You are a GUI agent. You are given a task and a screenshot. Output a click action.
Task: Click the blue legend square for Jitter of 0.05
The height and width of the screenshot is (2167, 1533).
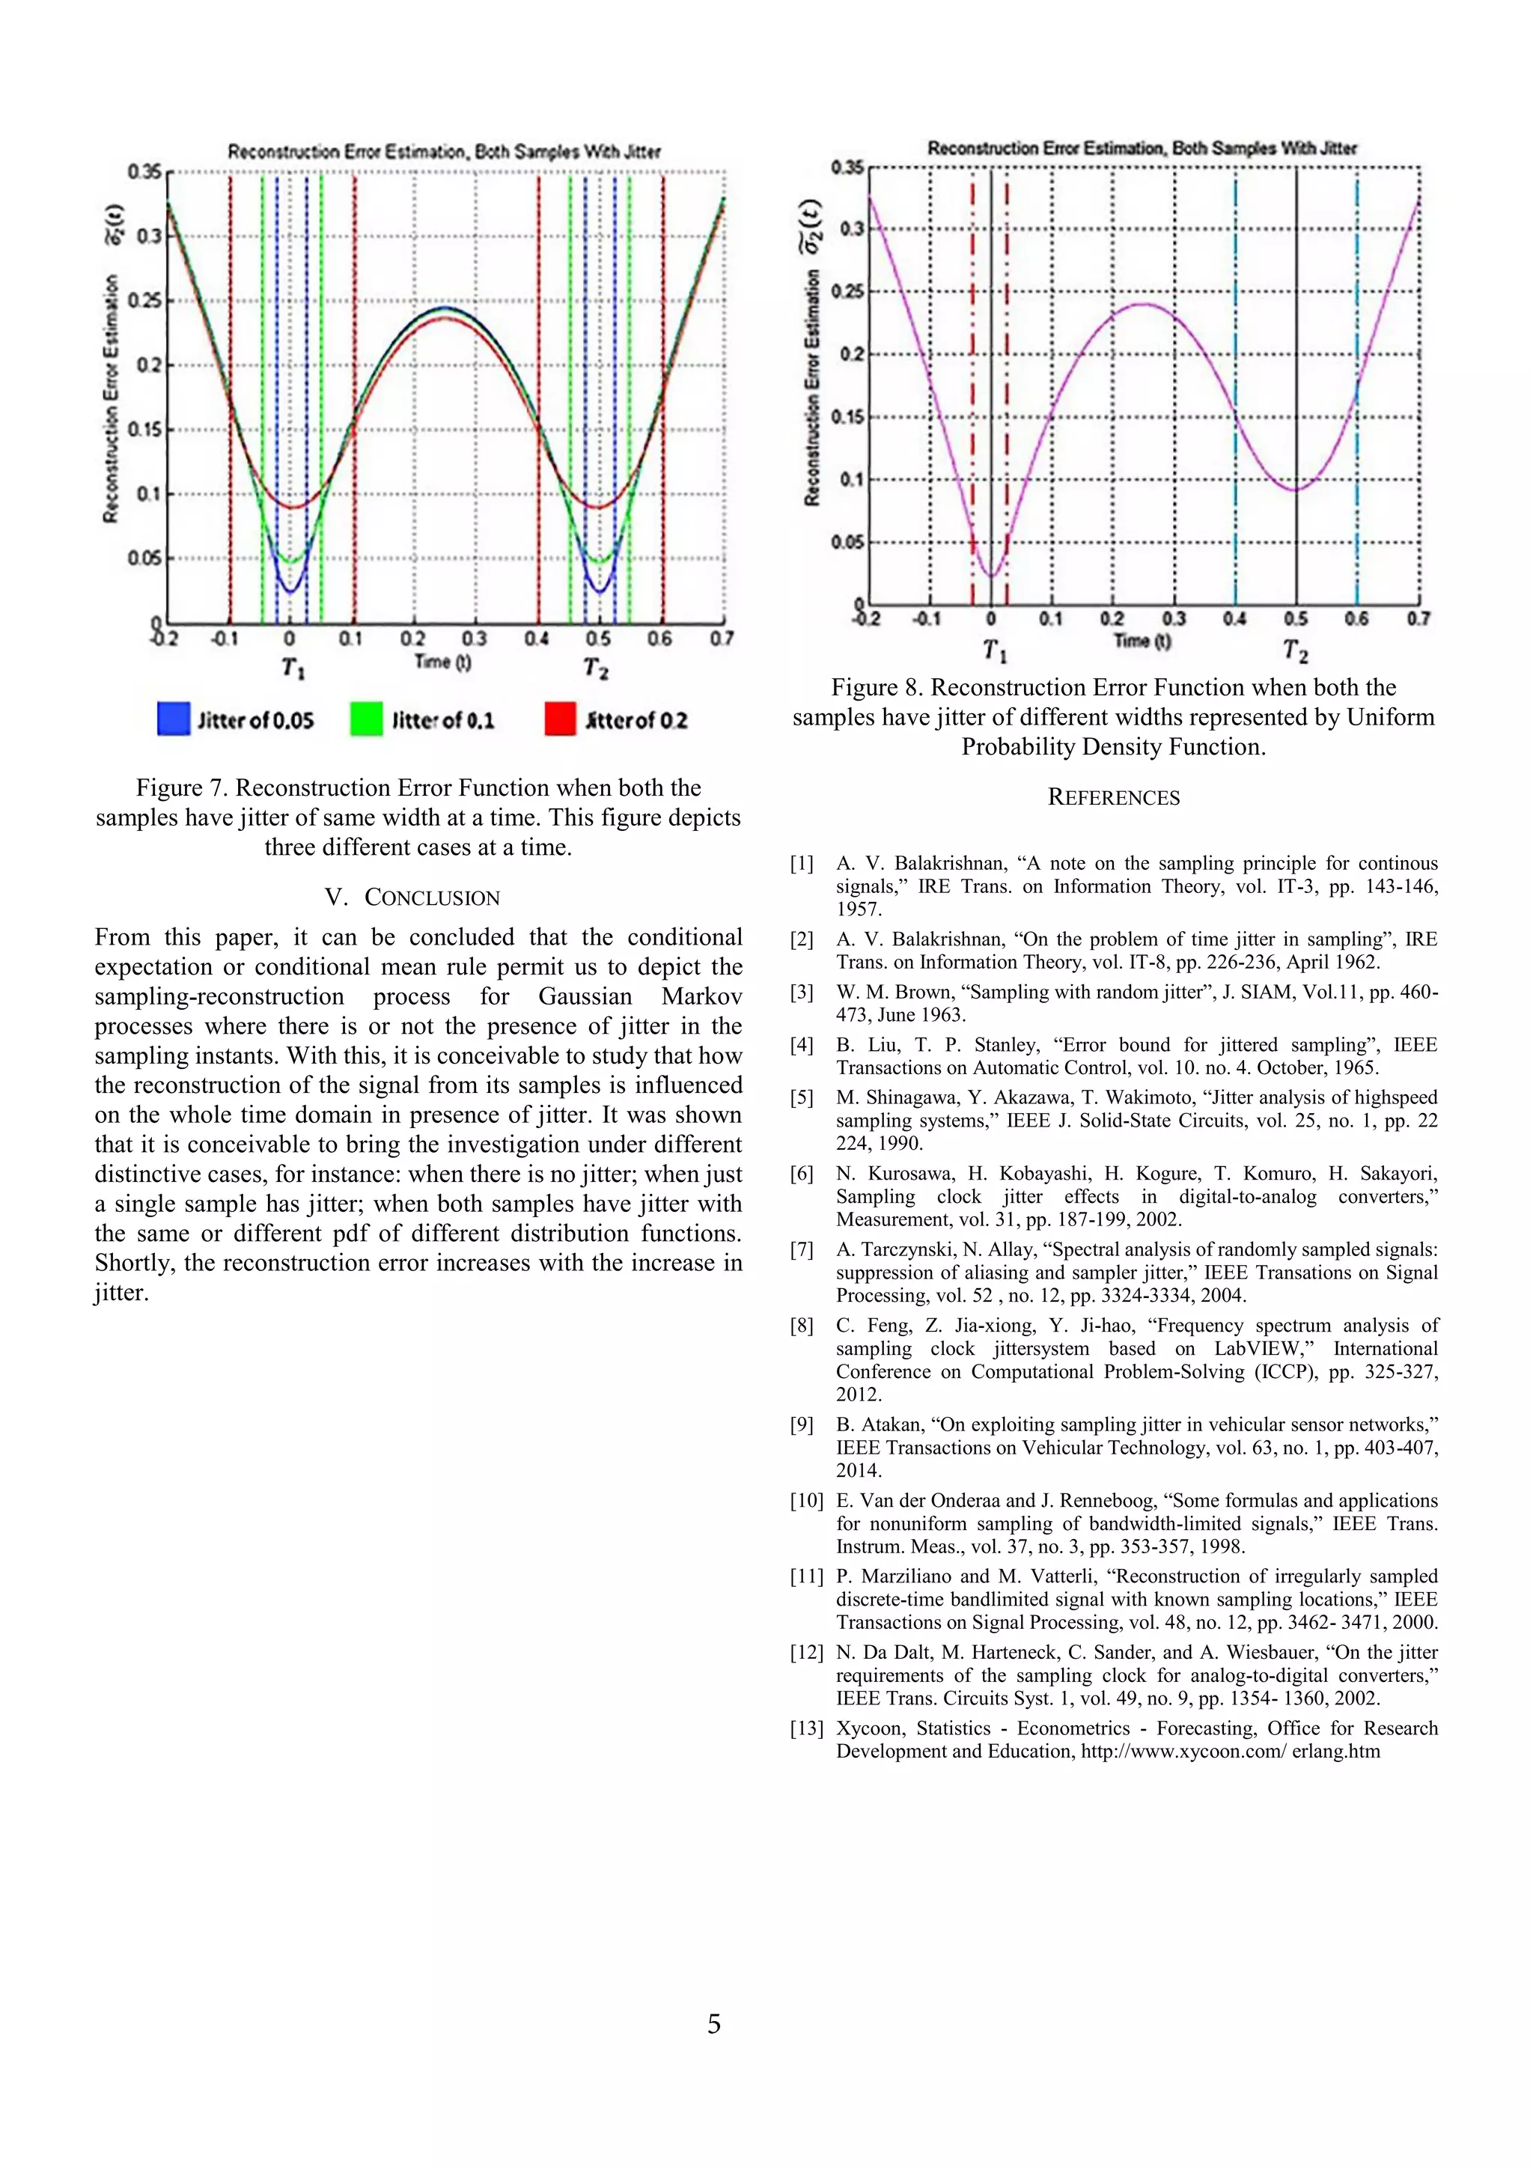173,719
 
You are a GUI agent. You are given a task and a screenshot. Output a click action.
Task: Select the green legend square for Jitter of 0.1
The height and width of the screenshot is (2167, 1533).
366,719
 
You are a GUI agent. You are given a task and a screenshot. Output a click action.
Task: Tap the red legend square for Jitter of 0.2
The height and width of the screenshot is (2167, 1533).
560,719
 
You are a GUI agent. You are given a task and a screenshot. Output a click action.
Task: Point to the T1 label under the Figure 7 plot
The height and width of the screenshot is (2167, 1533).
293,668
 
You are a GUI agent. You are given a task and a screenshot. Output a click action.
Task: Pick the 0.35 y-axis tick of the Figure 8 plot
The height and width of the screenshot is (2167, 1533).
847,167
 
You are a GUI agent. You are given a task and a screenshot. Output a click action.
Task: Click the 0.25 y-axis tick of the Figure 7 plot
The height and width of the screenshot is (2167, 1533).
144,300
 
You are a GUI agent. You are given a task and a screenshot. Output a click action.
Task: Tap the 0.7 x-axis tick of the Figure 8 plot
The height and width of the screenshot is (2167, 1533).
1418,619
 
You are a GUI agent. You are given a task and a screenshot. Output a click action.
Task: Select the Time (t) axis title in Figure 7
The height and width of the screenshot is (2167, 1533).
442,662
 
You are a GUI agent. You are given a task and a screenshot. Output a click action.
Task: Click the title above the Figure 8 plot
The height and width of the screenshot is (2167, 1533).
1142,148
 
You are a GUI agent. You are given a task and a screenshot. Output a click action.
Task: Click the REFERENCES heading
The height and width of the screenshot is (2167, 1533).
1114,797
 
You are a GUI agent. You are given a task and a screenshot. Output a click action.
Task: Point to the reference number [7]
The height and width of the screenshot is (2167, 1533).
802,1249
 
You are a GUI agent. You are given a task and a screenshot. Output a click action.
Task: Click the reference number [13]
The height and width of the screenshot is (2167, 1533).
806,1728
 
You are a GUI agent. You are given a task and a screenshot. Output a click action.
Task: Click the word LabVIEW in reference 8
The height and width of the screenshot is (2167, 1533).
1261,1349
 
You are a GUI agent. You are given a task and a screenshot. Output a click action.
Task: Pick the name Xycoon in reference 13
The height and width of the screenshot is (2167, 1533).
869,1728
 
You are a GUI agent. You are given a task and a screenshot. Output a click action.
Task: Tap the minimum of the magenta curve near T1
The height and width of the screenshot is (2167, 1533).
990,576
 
